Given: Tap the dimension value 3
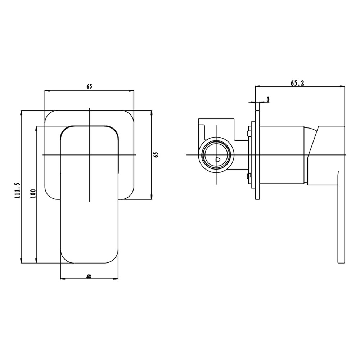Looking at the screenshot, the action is pos(268,99).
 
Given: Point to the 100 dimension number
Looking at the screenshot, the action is pos(33,194).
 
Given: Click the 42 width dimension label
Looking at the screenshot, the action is pos(89,276).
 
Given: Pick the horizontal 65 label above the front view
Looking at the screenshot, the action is pos(89,86).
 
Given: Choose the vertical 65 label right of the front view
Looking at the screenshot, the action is pos(156,154).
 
